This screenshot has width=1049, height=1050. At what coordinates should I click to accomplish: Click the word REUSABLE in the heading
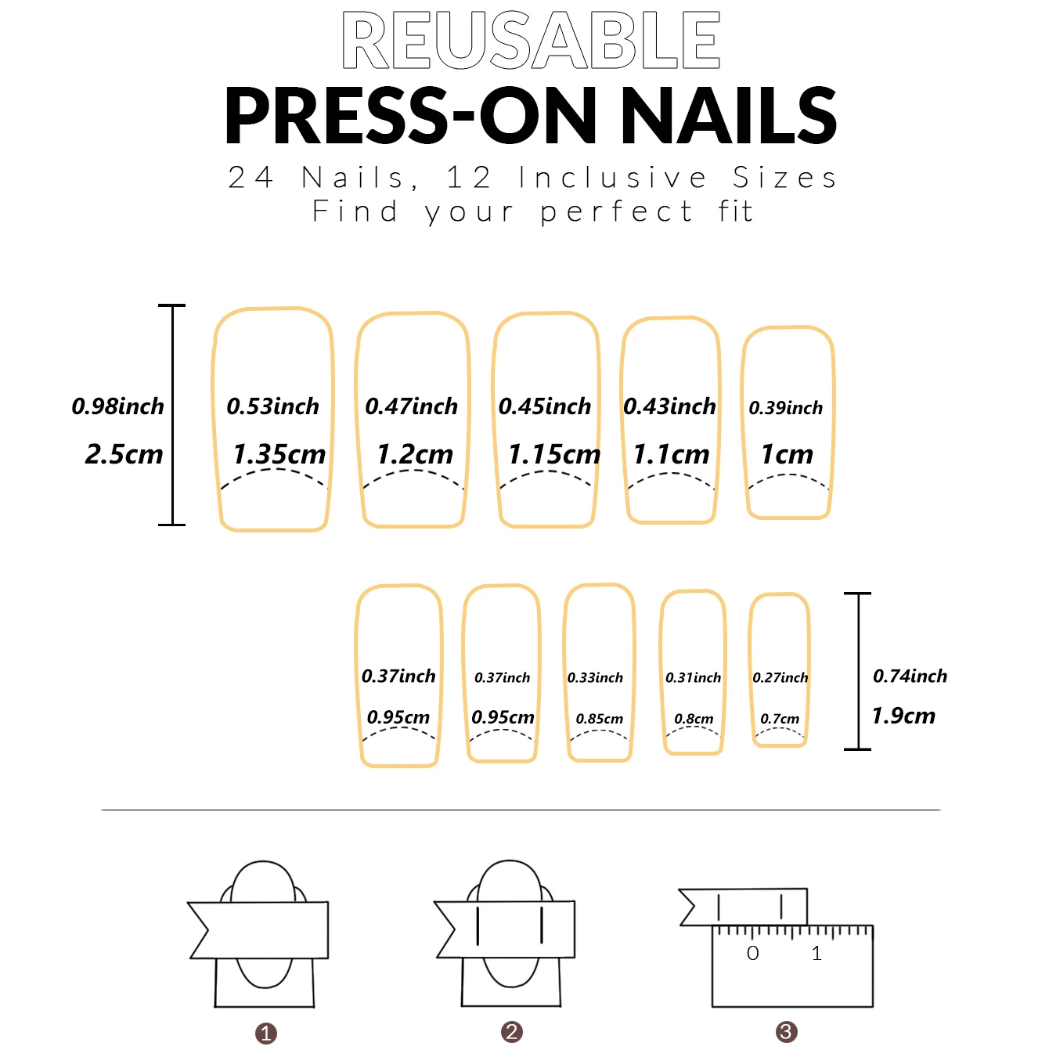coord(531,41)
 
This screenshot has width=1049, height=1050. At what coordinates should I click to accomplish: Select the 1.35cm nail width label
coord(279,454)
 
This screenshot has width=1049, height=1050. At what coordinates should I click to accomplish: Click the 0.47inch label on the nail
coord(411,406)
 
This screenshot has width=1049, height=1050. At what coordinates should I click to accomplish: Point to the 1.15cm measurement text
coord(553,454)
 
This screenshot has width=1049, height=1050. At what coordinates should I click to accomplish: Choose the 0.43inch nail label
coord(669,406)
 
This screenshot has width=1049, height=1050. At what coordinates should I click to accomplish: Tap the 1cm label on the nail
coord(787,454)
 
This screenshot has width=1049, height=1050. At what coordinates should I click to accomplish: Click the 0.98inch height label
coord(118,406)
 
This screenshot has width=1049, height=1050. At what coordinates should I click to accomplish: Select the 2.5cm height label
coord(124,454)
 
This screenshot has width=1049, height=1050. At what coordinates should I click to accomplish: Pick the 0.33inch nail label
coord(595,677)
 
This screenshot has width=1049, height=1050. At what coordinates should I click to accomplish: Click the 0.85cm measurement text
coord(600,719)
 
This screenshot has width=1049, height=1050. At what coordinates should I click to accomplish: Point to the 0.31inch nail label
coord(693,677)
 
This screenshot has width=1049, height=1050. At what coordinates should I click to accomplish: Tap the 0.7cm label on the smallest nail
coord(780,719)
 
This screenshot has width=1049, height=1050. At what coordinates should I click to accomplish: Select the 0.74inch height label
coord(910,676)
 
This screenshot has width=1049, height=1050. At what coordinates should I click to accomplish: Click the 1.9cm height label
coord(903,716)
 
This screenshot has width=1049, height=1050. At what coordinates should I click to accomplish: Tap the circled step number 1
coord(266,1034)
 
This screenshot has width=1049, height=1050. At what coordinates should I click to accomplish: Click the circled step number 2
coord(512,1032)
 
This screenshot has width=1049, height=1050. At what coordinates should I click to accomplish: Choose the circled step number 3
coord(786,1032)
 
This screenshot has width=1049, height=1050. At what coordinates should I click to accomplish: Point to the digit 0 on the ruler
coord(752,954)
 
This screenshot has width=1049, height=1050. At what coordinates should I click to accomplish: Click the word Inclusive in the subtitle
coord(613,179)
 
